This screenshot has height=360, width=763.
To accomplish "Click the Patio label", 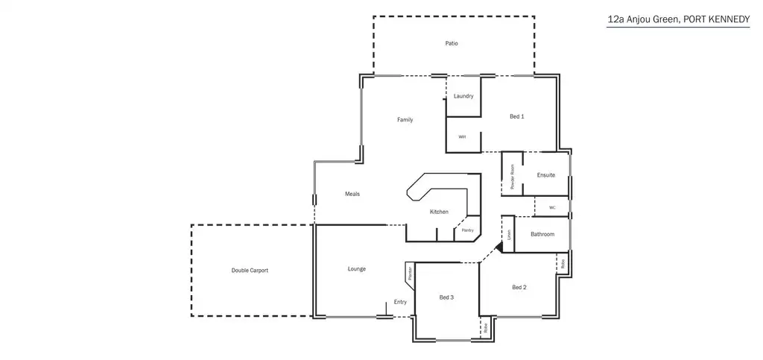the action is click(x=452, y=43).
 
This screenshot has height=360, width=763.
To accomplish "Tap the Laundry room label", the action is click(x=463, y=96).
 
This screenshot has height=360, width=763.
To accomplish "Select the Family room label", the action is click(x=405, y=119).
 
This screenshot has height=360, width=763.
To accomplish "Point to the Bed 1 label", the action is click(x=517, y=116).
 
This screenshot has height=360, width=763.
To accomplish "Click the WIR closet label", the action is click(x=462, y=137).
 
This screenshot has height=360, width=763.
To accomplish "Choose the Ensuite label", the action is click(x=546, y=175).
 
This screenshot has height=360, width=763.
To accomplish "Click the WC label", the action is click(x=552, y=207).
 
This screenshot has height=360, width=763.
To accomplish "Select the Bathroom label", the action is click(x=542, y=235).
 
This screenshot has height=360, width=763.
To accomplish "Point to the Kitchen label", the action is click(x=439, y=212).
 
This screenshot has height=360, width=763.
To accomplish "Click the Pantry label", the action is click(x=467, y=230).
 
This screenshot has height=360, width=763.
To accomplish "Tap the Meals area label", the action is click(x=352, y=195).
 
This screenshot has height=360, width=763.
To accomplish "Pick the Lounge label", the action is click(x=356, y=269).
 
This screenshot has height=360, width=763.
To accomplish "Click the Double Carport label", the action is click(x=250, y=270).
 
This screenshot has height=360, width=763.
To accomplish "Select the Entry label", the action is click(x=400, y=302).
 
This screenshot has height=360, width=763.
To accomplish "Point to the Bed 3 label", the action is click(x=446, y=297).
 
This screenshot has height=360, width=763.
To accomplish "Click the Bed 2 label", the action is click(x=519, y=287).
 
